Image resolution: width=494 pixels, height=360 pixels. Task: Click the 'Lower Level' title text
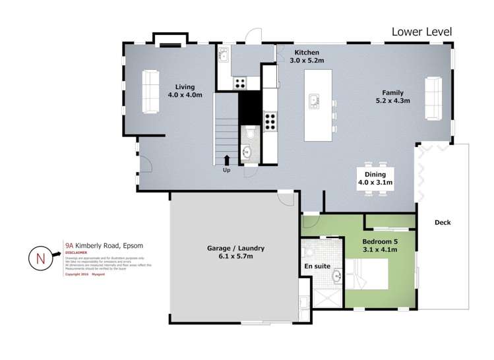click(422, 31)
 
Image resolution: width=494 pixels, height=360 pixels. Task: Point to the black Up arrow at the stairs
click(227, 160)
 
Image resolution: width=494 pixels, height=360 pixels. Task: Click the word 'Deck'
click(443, 222)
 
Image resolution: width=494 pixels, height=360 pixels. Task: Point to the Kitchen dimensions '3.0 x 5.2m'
click(307, 61)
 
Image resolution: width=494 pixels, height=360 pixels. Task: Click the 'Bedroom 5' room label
click(381, 241)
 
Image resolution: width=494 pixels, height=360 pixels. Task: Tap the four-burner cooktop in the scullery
click(239, 83)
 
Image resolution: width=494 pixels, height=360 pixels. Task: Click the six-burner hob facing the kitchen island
click(270, 121)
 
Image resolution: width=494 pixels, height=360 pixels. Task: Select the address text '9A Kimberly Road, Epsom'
click(104, 244)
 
